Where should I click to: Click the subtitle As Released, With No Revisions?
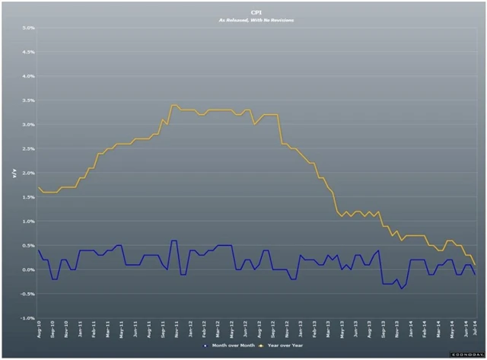(x=256, y=20)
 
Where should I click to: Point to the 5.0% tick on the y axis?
(x=29, y=28)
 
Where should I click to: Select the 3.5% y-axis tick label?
(x=29, y=100)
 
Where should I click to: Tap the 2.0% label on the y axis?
(x=29, y=173)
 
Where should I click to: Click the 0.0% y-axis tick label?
(x=29, y=269)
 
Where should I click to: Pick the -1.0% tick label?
(x=28, y=318)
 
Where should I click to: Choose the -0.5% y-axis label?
(x=28, y=294)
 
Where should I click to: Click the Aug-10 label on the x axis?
(x=38, y=330)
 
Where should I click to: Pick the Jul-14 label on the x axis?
(x=475, y=330)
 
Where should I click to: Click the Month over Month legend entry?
(x=228, y=345)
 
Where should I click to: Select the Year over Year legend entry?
(x=285, y=345)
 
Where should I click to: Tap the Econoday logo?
(x=462, y=354)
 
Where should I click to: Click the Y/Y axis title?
(x=13, y=174)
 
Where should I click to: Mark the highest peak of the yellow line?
(x=174, y=105)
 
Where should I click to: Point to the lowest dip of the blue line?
(x=401, y=289)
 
